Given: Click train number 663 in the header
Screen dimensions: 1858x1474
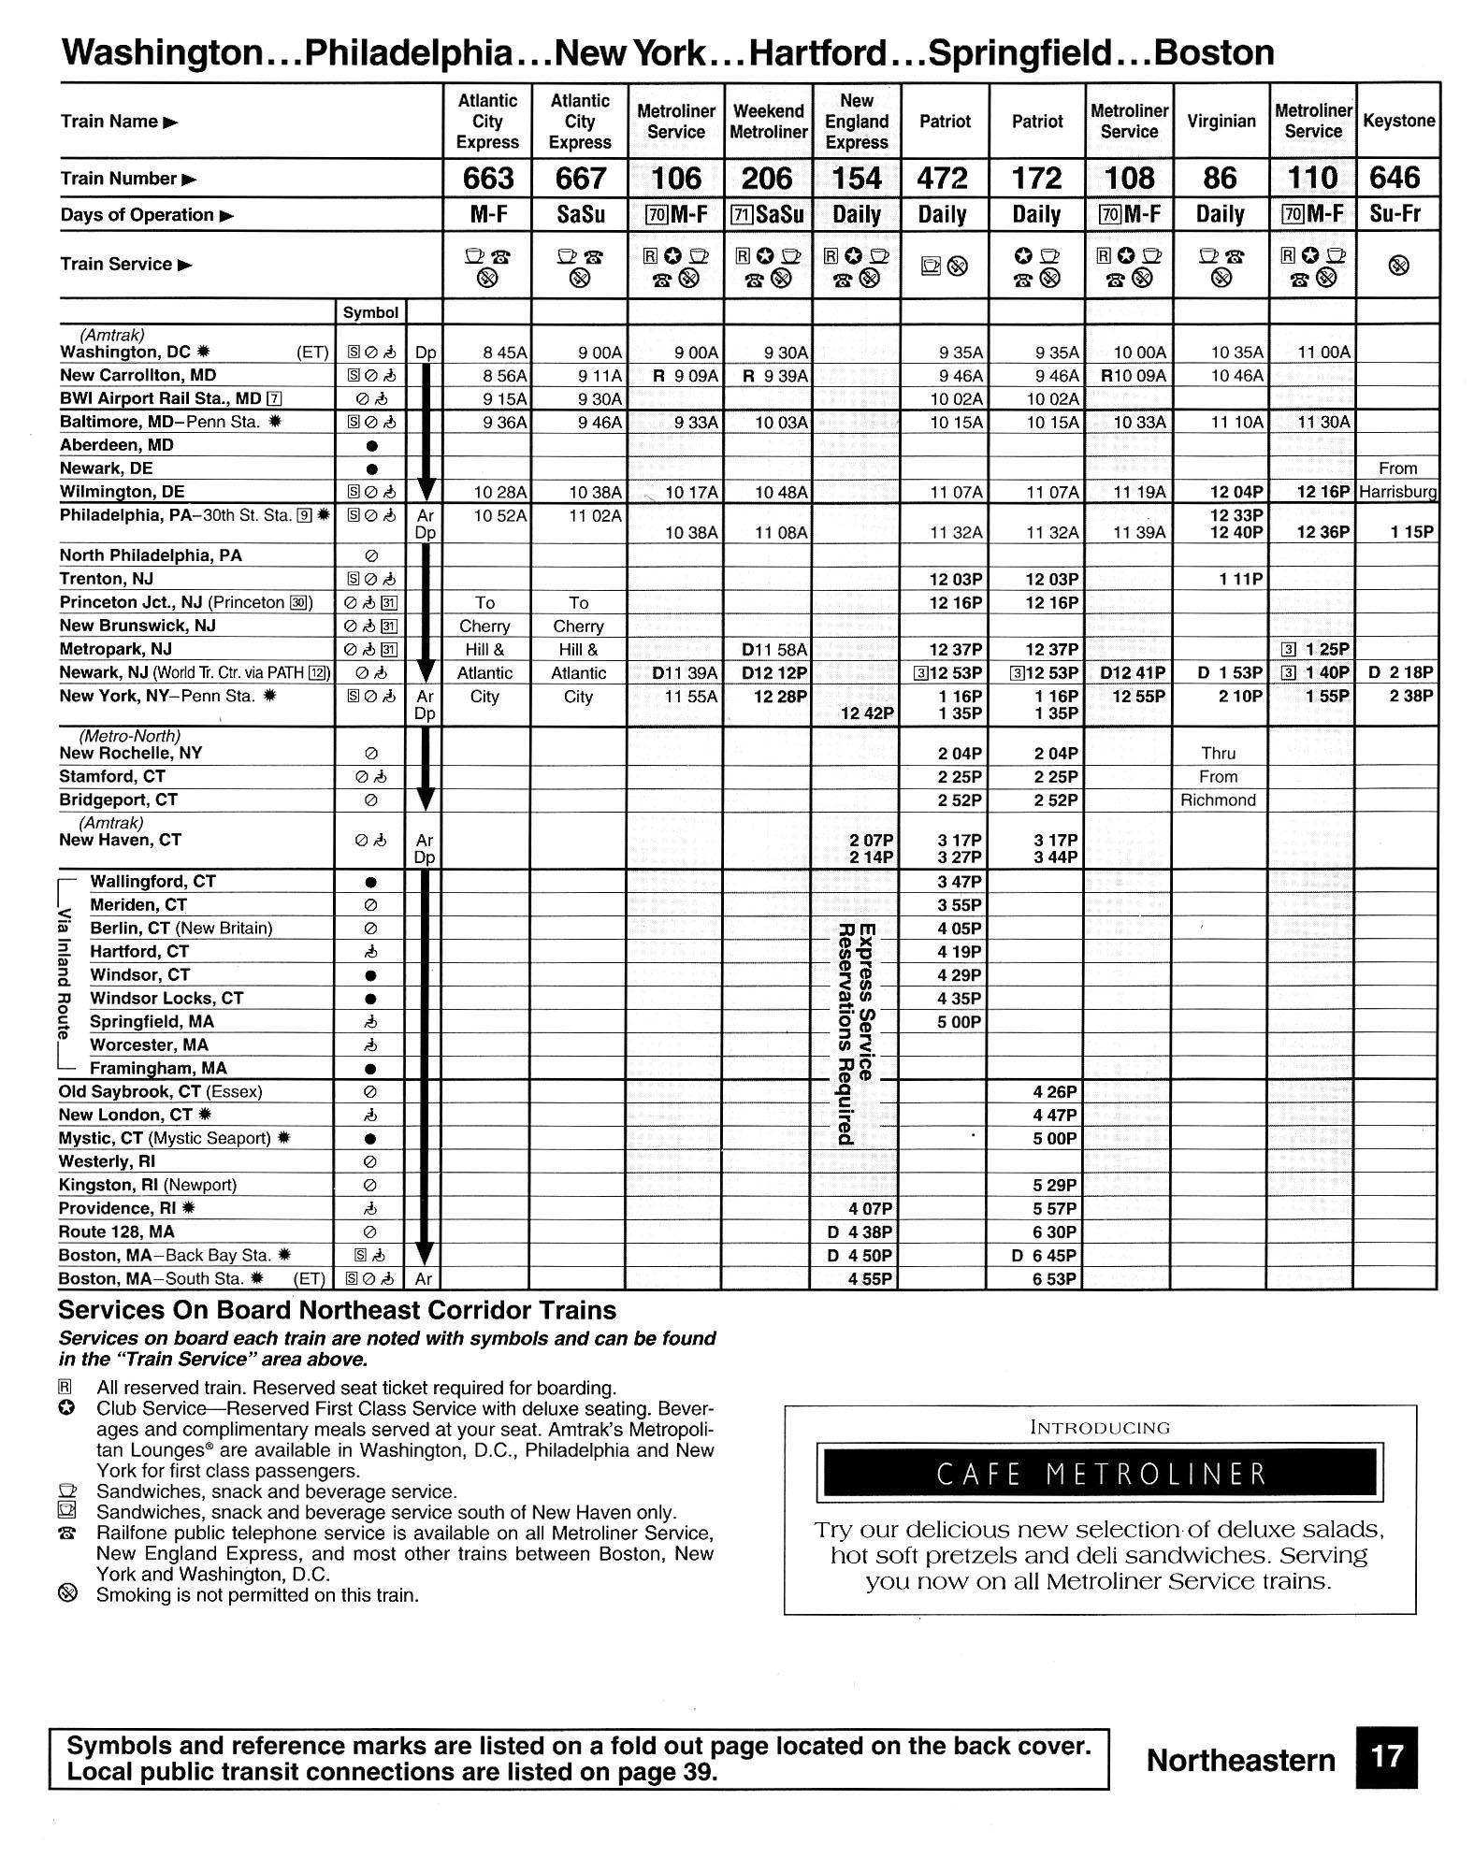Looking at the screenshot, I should pyautogui.click(x=488, y=178).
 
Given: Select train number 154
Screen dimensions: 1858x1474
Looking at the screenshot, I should pyautogui.click(x=857, y=178).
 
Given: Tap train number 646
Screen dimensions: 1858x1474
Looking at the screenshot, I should pyautogui.click(x=1398, y=178).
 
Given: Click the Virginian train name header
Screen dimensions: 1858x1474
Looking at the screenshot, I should pyautogui.click(x=1221, y=122).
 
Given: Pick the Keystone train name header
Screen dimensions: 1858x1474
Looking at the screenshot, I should pyautogui.click(x=1398, y=122).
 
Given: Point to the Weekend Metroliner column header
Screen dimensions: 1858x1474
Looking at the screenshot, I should pyautogui.click(x=768, y=122).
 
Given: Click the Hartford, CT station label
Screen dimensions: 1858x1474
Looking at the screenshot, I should pyautogui.click(x=139, y=951).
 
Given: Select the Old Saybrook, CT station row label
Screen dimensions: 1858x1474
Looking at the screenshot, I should pyautogui.click(x=160, y=1091).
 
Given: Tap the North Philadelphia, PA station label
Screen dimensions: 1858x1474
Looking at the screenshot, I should pyautogui.click(x=151, y=555).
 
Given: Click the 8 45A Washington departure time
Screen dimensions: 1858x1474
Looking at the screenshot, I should pyautogui.click(x=504, y=353).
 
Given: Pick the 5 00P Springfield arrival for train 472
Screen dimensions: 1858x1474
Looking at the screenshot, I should pyautogui.click(x=959, y=1022).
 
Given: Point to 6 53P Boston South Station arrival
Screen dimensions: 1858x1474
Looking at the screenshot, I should pyautogui.click(x=1054, y=1278).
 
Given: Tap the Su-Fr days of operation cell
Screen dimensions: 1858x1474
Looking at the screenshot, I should pyautogui.click(x=1398, y=214).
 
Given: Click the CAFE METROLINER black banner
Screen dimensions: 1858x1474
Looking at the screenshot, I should pyautogui.click(x=1100, y=1474).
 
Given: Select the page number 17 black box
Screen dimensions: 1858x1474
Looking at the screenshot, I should pyautogui.click(x=1386, y=1756).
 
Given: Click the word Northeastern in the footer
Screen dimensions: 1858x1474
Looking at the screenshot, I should pyautogui.click(x=1240, y=1760).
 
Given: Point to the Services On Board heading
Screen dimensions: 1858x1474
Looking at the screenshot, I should pyautogui.click(x=338, y=1310).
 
